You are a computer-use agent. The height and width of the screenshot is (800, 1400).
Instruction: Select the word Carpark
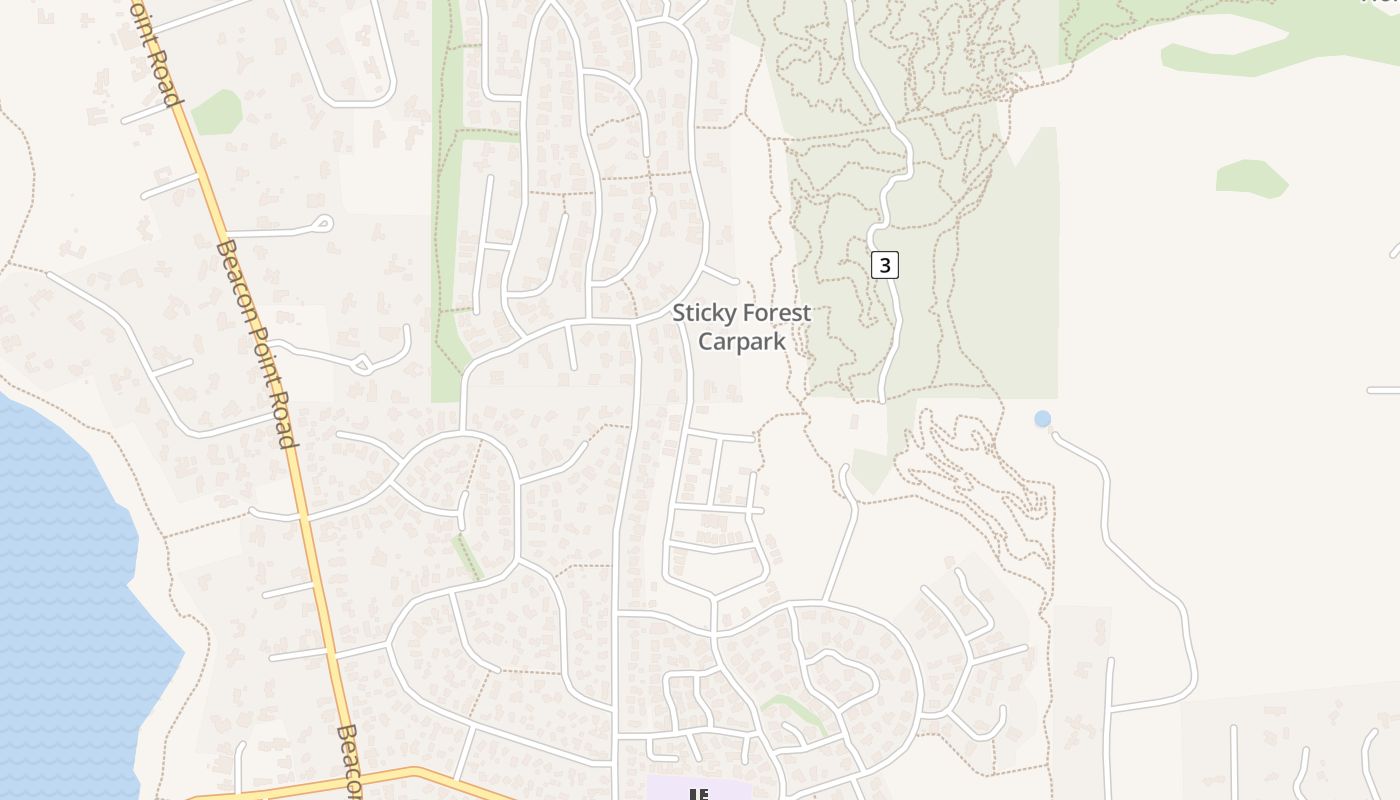(x=741, y=341)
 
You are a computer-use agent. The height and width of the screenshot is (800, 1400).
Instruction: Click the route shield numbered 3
(x=885, y=265)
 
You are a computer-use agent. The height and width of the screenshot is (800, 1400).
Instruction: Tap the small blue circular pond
(x=1043, y=419)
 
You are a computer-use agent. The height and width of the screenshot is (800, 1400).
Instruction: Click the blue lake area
(x=60, y=600)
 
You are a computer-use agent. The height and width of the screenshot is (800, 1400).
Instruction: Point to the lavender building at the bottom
(x=698, y=789)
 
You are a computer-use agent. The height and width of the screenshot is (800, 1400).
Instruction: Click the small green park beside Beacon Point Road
(x=217, y=112)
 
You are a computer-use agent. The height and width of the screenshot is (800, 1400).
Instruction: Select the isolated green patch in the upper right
(x=1250, y=178)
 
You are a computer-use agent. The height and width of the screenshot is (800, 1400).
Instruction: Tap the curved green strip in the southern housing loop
(x=795, y=710)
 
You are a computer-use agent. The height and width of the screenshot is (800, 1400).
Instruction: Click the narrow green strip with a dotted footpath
(x=467, y=556)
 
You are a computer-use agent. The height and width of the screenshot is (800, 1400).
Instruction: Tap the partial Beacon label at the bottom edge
(x=346, y=760)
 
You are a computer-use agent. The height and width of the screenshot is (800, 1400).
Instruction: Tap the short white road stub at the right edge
(x=1383, y=390)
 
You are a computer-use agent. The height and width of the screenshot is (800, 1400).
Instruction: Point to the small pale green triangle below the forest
(x=868, y=470)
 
